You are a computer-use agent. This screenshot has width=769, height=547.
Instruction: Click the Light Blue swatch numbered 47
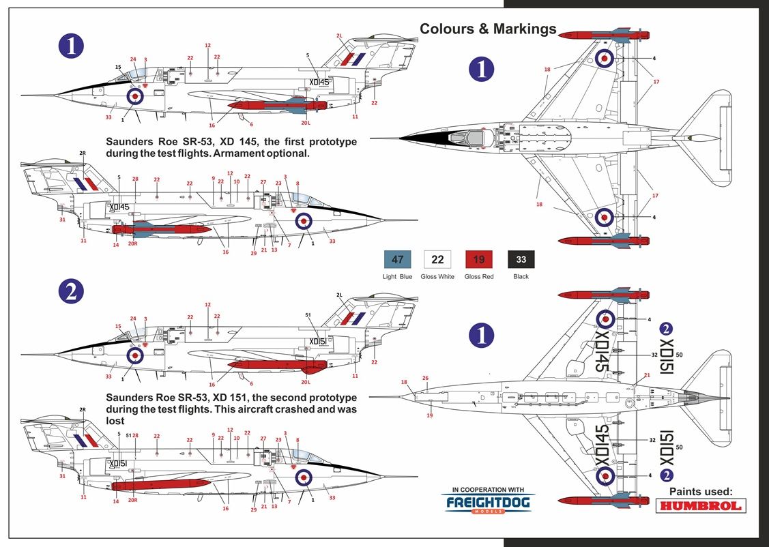pyautogui.click(x=398, y=259)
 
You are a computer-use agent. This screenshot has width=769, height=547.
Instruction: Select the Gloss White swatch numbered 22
pyautogui.click(x=438, y=259)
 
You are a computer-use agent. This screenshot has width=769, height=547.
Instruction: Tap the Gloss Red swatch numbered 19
pyautogui.click(x=479, y=259)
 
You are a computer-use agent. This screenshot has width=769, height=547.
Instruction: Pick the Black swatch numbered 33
pyautogui.click(x=521, y=259)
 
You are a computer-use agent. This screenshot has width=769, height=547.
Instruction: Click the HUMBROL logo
pyautogui.click(x=701, y=506)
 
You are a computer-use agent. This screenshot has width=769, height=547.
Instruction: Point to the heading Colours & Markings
pyautogui.click(x=488, y=29)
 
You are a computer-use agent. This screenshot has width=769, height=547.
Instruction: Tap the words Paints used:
pyautogui.click(x=701, y=491)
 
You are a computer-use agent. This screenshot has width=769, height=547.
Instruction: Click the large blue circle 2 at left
pyautogui.click(x=72, y=291)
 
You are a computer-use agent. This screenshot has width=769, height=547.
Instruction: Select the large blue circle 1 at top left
pyautogui.click(x=72, y=46)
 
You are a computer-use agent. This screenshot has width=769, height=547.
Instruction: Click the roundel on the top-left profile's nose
pyautogui.click(x=135, y=96)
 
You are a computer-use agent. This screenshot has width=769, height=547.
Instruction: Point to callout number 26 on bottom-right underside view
pyautogui.click(x=425, y=378)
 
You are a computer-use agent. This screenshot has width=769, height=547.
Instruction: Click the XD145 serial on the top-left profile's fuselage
pyautogui.click(x=319, y=83)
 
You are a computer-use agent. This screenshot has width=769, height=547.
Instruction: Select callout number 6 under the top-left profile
pyautogui.click(x=251, y=124)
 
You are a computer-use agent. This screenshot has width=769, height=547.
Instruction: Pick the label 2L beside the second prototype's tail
pyautogui.click(x=339, y=295)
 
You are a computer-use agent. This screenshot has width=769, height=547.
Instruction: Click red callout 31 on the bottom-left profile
pyautogui.click(x=62, y=476)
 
